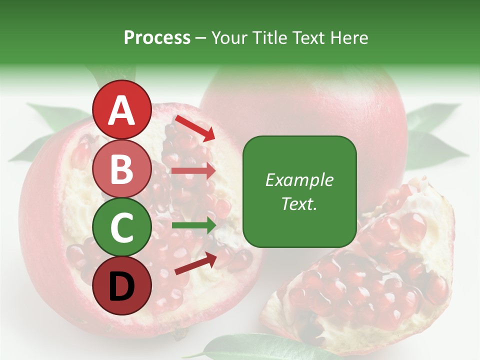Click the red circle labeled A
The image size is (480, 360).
(x=121, y=109)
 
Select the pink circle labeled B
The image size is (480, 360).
(x=121, y=168)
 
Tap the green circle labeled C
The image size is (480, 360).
(x=121, y=227)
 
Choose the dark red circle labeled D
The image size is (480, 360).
(x=121, y=286)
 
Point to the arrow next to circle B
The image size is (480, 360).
(x=193, y=171)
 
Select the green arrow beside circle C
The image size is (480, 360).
(x=193, y=225)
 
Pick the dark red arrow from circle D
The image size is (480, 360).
(x=195, y=263)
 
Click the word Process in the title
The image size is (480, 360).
(x=157, y=38)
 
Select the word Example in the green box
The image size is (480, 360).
(x=299, y=180)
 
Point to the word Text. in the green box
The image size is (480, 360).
(x=299, y=203)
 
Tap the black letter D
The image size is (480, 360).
(x=121, y=286)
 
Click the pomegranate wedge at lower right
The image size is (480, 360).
(x=370, y=280)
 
